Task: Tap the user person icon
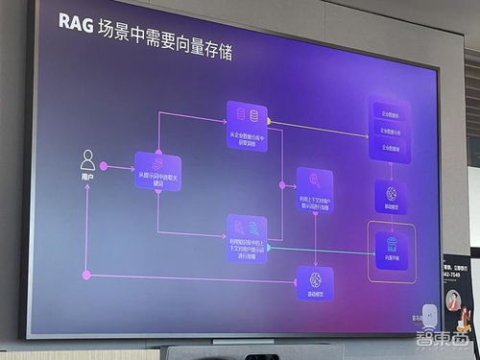pyautogui.click(x=88, y=159)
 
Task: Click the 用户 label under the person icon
pyautogui.click(x=88, y=179)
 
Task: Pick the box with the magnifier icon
pyautogui.click(x=314, y=189)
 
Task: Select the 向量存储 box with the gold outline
pyautogui.click(x=392, y=252)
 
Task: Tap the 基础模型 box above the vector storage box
pyautogui.click(x=391, y=197)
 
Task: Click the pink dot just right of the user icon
pyautogui.click(x=105, y=167)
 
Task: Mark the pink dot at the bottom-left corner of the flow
pyautogui.click(x=87, y=275)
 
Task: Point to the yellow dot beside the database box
pyautogui.click(x=270, y=122)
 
